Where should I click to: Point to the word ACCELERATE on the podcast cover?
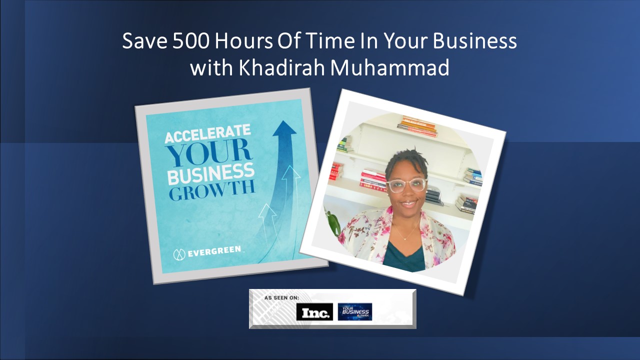(x=207, y=135)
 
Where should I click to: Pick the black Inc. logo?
(x=314, y=312)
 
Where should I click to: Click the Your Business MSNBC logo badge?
(x=354, y=311)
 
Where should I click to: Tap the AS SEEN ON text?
(x=281, y=297)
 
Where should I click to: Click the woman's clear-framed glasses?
(x=406, y=185)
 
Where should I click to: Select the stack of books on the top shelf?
(x=417, y=126)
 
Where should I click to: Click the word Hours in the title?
(x=243, y=41)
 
